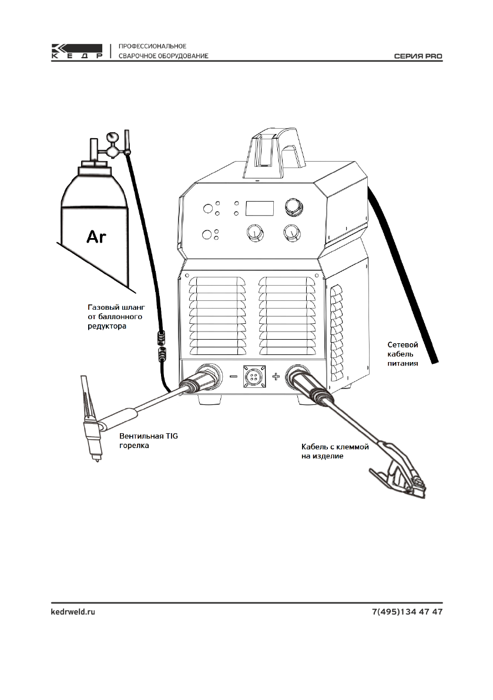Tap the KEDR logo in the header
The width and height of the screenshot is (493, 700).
78,51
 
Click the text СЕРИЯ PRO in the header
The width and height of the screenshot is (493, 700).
418,56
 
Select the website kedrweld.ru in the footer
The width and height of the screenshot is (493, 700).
73,612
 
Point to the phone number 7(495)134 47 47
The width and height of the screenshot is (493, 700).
407,612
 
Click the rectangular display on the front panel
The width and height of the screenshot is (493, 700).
260,207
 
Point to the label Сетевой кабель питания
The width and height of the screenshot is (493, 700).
403,354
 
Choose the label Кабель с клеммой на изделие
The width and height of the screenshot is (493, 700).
331,451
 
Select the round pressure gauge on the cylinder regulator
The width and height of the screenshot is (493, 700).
109,139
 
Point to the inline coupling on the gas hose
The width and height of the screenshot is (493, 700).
162,346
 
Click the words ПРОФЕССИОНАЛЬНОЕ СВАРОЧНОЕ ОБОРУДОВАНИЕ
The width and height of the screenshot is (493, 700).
163,51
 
